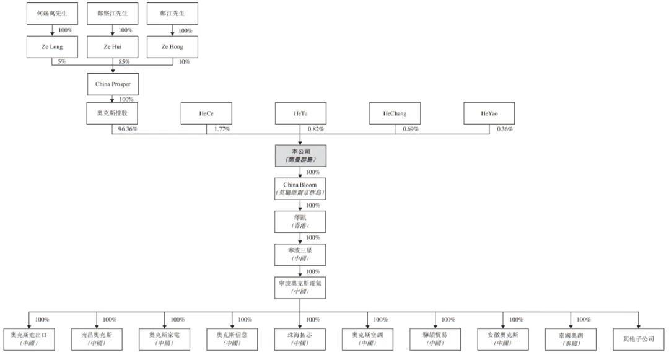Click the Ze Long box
[x=52, y=46]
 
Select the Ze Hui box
[x=112, y=46]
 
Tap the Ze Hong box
[x=172, y=46]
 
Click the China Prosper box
[x=112, y=84]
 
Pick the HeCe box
[x=206, y=113]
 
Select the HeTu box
[x=300, y=113]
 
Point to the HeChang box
[x=395, y=113]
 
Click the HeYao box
[x=489, y=113]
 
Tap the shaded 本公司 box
[x=300, y=156]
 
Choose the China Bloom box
[x=300, y=188]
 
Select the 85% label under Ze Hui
[x=124, y=61]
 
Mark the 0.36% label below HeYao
[x=504, y=129]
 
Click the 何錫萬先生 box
[x=52, y=13]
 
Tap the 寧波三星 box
[x=300, y=254]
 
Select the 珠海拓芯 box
[x=300, y=338]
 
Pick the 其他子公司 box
[x=639, y=338]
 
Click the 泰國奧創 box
[x=571, y=338]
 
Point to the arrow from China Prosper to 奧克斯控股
[x=112, y=98]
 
